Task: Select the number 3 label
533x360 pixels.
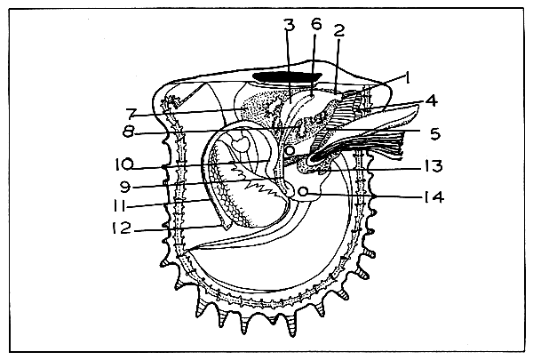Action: point(287,26)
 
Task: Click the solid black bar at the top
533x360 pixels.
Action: point(285,77)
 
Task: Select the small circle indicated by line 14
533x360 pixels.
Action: point(305,191)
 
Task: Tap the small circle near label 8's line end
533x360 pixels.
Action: point(290,152)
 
